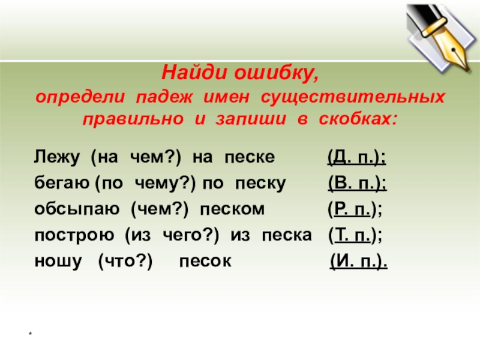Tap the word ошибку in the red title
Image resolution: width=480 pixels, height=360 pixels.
point(277,73)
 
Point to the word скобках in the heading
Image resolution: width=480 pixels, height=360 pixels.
point(358,119)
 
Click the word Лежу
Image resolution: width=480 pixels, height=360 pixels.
point(57,157)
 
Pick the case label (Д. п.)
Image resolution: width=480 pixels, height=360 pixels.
point(356,158)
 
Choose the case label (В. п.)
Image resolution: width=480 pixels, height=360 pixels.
point(358,184)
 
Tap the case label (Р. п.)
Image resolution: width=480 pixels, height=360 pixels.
point(355,209)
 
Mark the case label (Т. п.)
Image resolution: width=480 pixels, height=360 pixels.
point(355,236)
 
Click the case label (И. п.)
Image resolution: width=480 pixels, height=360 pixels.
point(359,262)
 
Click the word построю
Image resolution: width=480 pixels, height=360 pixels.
point(74,236)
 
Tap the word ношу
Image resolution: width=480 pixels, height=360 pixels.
point(58,262)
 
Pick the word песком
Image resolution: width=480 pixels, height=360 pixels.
point(232,209)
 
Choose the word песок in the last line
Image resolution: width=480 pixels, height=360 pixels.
point(205,262)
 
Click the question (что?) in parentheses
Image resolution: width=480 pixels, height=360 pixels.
point(125,262)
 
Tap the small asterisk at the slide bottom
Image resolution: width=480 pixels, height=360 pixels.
point(31,333)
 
